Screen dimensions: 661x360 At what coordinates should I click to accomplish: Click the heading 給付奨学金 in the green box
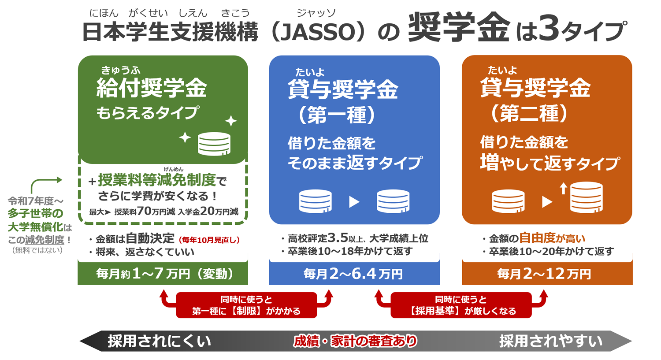click(x=152, y=88)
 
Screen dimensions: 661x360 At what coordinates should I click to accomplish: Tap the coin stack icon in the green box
click(x=214, y=144)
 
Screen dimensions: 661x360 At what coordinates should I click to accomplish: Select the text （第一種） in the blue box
click(x=336, y=115)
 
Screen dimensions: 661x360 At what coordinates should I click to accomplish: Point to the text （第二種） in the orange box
click(x=528, y=113)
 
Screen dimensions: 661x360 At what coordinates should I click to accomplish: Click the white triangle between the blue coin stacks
click(x=354, y=202)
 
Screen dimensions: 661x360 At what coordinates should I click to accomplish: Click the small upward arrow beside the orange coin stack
click(x=564, y=189)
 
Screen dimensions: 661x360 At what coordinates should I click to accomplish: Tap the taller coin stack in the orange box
click(x=587, y=197)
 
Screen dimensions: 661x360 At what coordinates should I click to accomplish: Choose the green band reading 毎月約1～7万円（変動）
click(x=163, y=274)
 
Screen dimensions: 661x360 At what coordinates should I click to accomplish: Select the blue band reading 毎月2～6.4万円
click(x=354, y=274)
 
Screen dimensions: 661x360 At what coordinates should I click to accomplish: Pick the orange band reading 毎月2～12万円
click(x=547, y=274)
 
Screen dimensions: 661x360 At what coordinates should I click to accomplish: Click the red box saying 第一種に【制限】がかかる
click(x=246, y=305)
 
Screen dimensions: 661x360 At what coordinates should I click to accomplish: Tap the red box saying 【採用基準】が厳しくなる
click(x=461, y=305)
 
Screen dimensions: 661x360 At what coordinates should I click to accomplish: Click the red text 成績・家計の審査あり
click(x=355, y=341)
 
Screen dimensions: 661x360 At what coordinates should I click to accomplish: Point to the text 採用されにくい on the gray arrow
click(x=159, y=341)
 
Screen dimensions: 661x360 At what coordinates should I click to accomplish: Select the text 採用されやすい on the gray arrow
click(x=551, y=341)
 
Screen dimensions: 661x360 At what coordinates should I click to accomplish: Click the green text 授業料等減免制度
click(x=157, y=180)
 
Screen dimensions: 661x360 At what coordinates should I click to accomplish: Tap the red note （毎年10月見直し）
click(x=209, y=240)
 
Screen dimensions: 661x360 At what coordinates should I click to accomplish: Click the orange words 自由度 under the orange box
click(x=538, y=238)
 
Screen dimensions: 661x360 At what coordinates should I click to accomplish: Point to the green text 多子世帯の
click(x=35, y=213)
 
